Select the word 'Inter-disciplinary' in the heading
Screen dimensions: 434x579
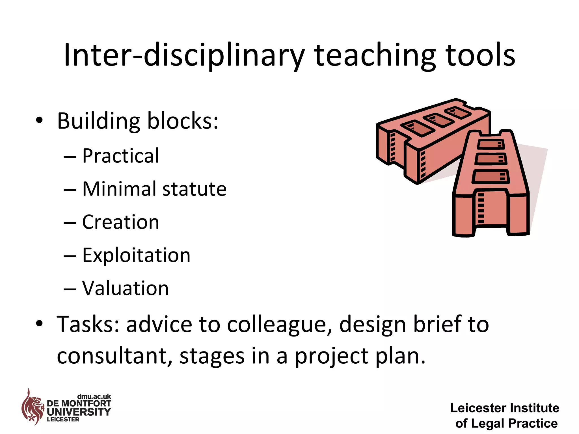184,55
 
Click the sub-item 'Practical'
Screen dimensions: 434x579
121,156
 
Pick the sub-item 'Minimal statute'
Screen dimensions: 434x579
154,189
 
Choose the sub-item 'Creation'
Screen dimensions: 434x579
121,222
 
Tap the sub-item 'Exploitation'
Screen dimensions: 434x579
136,255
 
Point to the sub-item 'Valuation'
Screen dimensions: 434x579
125,288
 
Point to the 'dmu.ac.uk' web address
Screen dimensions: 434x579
94,396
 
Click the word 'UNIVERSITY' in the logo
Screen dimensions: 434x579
79,412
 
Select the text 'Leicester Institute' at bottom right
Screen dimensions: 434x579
505,408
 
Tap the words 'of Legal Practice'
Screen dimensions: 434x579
506,423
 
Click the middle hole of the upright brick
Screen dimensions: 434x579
491,159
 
